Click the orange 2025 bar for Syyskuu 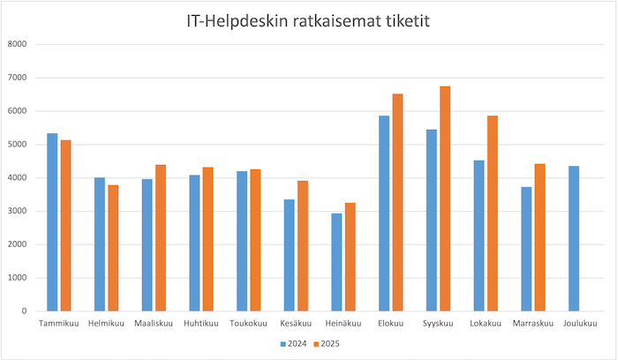(x=445, y=199)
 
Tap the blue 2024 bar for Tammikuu (x=52, y=222)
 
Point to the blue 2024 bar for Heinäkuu (x=335, y=262)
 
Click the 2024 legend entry (x=296, y=343)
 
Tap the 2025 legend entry (x=330, y=343)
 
